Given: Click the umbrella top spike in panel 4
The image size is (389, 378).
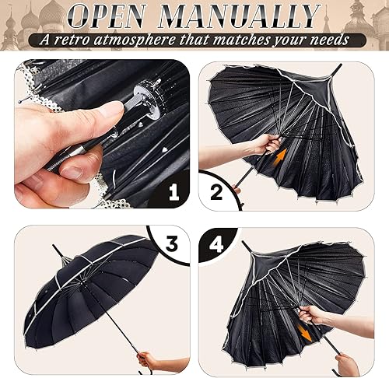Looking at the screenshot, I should (244, 246).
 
